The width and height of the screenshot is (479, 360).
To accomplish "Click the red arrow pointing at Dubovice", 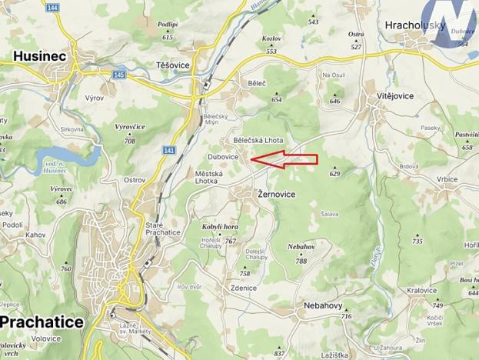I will click(284, 159).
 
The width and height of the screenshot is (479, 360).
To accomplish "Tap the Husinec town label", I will click(39, 56).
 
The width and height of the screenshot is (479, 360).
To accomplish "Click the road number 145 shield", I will click(118, 75).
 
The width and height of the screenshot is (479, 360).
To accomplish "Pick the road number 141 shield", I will click(169, 152).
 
